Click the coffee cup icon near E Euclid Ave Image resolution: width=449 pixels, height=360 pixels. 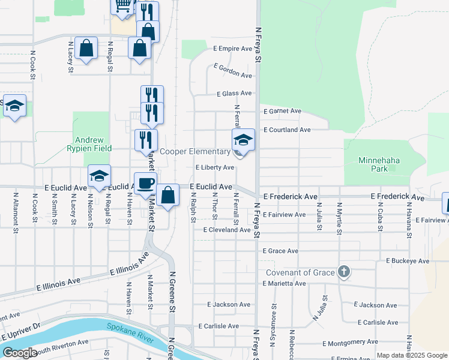(x=145, y=183)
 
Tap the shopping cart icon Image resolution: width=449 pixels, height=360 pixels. (x=122, y=5)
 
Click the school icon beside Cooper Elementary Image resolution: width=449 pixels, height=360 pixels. (x=243, y=140)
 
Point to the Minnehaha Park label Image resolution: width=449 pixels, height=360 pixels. (x=381, y=164)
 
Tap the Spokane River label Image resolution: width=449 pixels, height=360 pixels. (x=128, y=329)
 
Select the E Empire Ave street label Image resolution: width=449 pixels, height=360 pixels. (x=232, y=49)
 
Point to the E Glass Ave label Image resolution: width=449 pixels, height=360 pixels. (x=234, y=94)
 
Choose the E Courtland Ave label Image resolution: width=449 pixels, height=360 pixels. (x=286, y=130)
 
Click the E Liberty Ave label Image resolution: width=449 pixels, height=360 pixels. (x=214, y=168)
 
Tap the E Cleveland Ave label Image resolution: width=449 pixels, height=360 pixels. (x=226, y=230)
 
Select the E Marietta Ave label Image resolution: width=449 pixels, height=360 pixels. (x=286, y=283)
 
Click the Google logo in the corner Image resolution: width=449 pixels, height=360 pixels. (x=20, y=353)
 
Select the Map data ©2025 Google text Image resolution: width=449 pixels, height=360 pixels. (x=411, y=355)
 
